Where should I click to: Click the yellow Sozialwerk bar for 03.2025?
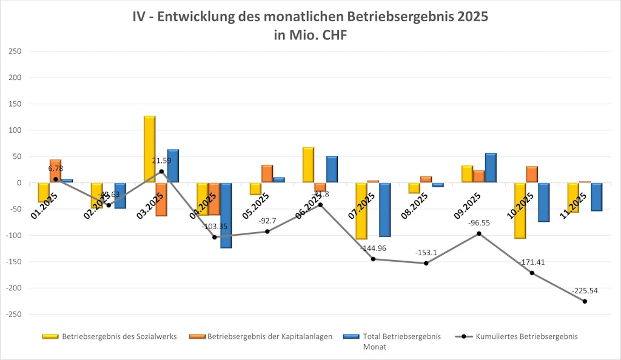click(149, 149)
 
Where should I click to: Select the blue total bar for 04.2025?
click(226, 215)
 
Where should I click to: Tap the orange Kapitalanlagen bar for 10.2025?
click(532, 175)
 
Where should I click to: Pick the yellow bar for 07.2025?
click(361, 211)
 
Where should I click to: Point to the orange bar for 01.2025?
click(55, 171)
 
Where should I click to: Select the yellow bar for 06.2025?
click(308, 165)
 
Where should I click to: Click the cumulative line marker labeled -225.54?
click(585, 301)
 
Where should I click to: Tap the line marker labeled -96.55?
click(479, 233)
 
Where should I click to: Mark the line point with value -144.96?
click(373, 259)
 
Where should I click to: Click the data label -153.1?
click(426, 252)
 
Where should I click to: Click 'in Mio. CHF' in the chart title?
click(310, 36)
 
